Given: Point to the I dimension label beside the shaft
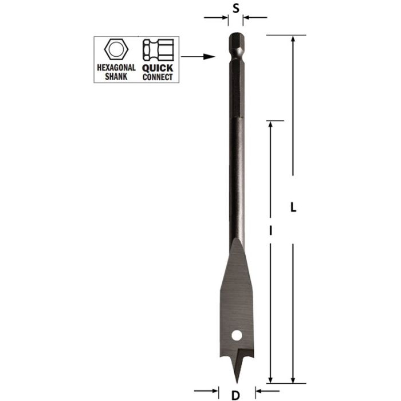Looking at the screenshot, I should [x=269, y=231].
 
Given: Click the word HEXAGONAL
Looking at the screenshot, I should [x=116, y=68].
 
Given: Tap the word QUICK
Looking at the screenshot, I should [x=157, y=68].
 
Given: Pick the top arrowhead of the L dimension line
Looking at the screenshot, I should [x=293, y=40].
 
